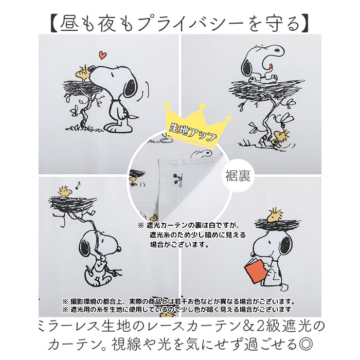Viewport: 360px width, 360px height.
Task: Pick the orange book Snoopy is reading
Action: click(x=255, y=271)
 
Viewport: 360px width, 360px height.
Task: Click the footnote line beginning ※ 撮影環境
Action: click(x=178, y=301)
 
